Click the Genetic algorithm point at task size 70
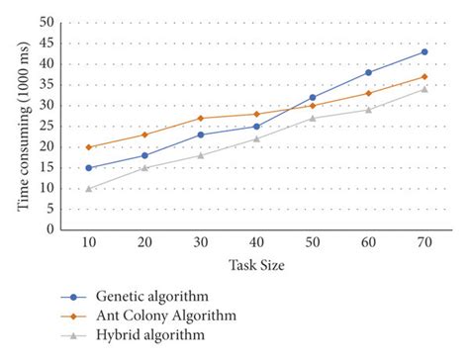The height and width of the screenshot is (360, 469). point(424,51)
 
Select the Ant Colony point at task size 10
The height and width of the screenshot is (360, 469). point(89,146)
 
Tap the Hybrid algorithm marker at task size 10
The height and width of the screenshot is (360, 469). point(89,188)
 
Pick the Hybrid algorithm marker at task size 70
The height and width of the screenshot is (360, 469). point(424,89)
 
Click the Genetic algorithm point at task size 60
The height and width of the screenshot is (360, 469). point(368,72)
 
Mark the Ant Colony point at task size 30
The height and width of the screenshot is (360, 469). point(201,118)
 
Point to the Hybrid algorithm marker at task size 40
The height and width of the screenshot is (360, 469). point(256,138)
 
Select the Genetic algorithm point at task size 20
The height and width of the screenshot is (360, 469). point(144,155)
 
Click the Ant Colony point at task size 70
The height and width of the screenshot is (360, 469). point(424,76)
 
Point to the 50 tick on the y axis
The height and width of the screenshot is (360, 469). point(47,22)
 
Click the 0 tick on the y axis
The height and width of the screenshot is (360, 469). point(49,229)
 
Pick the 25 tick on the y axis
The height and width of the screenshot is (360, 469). point(47,126)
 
